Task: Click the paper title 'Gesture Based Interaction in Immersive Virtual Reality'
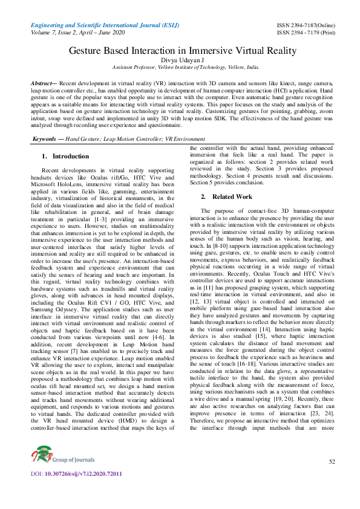pos(180,53)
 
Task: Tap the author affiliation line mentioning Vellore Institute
pos(180,70)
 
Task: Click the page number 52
pos(331,479)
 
